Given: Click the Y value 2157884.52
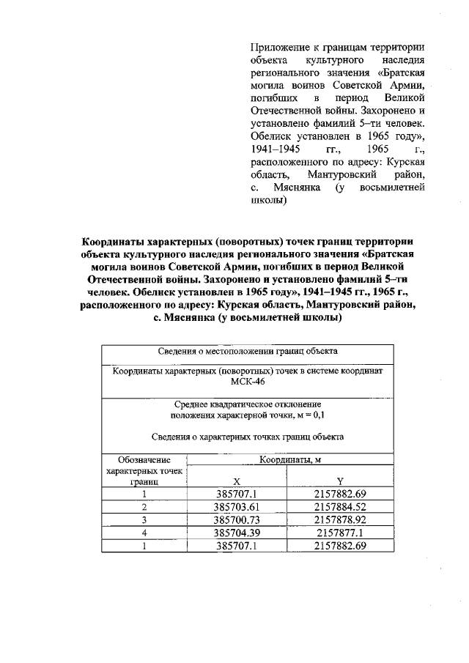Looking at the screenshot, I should click(339, 506).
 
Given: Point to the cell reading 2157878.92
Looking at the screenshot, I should click(339, 519).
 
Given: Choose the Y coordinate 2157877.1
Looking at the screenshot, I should click(339, 533).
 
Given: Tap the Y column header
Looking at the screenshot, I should click(339, 481).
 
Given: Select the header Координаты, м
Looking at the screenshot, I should click(287, 460).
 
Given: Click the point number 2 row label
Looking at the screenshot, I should click(144, 506).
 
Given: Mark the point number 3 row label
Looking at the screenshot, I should click(144, 519).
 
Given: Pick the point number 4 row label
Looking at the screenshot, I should click(144, 533).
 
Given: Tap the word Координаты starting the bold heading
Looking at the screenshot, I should click(115, 242).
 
